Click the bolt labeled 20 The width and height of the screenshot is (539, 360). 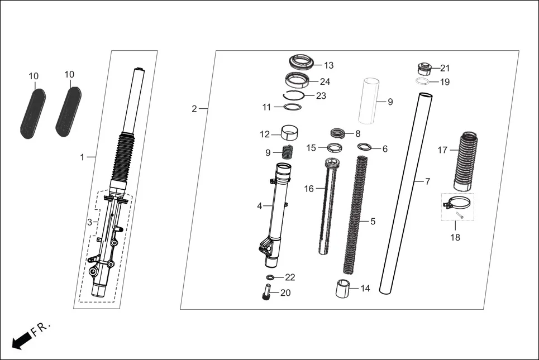[266, 292]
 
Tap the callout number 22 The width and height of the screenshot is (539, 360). [290, 277]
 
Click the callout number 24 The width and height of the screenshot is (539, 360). [325, 81]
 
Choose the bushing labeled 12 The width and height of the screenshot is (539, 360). [288, 134]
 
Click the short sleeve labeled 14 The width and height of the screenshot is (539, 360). [345, 289]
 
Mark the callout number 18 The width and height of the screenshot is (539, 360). [455, 238]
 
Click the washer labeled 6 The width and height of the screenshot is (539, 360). [365, 147]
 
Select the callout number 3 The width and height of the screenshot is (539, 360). [89, 222]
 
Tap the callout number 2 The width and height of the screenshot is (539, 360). [194, 109]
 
